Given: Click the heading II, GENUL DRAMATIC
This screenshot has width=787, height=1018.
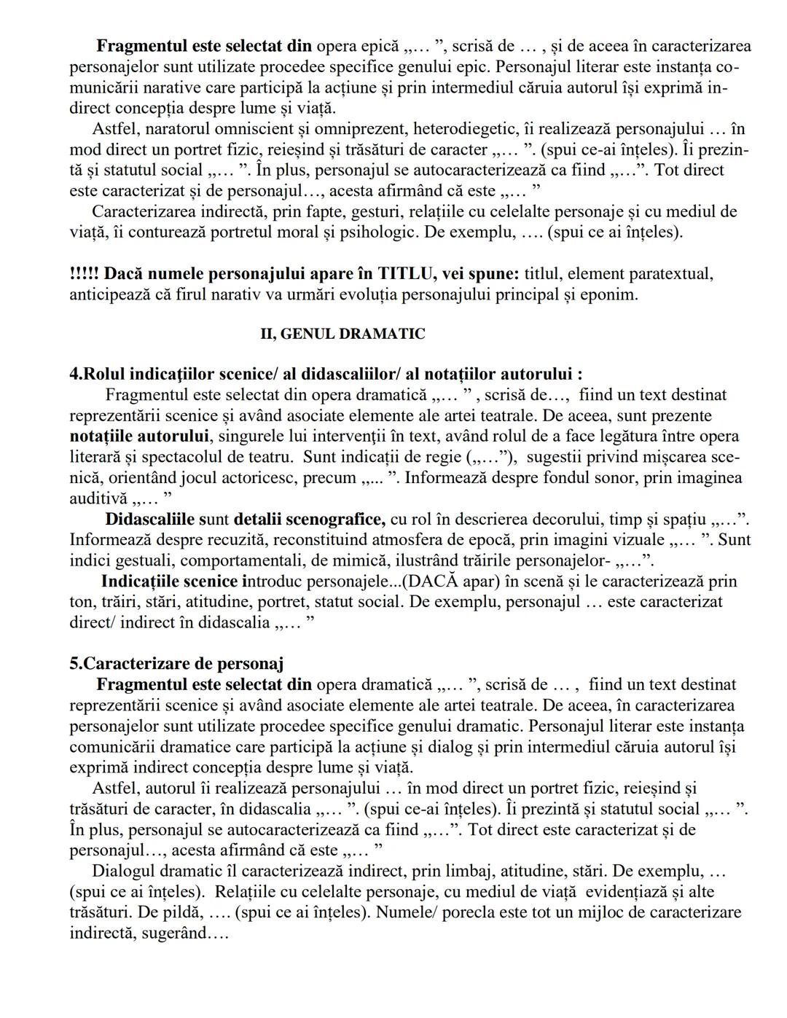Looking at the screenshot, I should pyautogui.click(x=342, y=334).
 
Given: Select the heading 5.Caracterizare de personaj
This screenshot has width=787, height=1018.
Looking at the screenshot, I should pyautogui.click(x=176, y=663).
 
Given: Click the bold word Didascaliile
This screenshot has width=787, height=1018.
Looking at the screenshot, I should pyautogui.click(x=149, y=520).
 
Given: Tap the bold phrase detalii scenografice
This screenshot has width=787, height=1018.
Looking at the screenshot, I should pyautogui.click(x=309, y=520).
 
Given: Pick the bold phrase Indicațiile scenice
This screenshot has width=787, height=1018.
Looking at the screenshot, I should pyautogui.click(x=169, y=582).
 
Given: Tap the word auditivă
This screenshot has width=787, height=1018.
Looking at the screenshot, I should pyautogui.click(x=98, y=498).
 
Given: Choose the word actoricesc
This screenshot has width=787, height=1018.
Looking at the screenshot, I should pyautogui.click(x=273, y=478).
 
